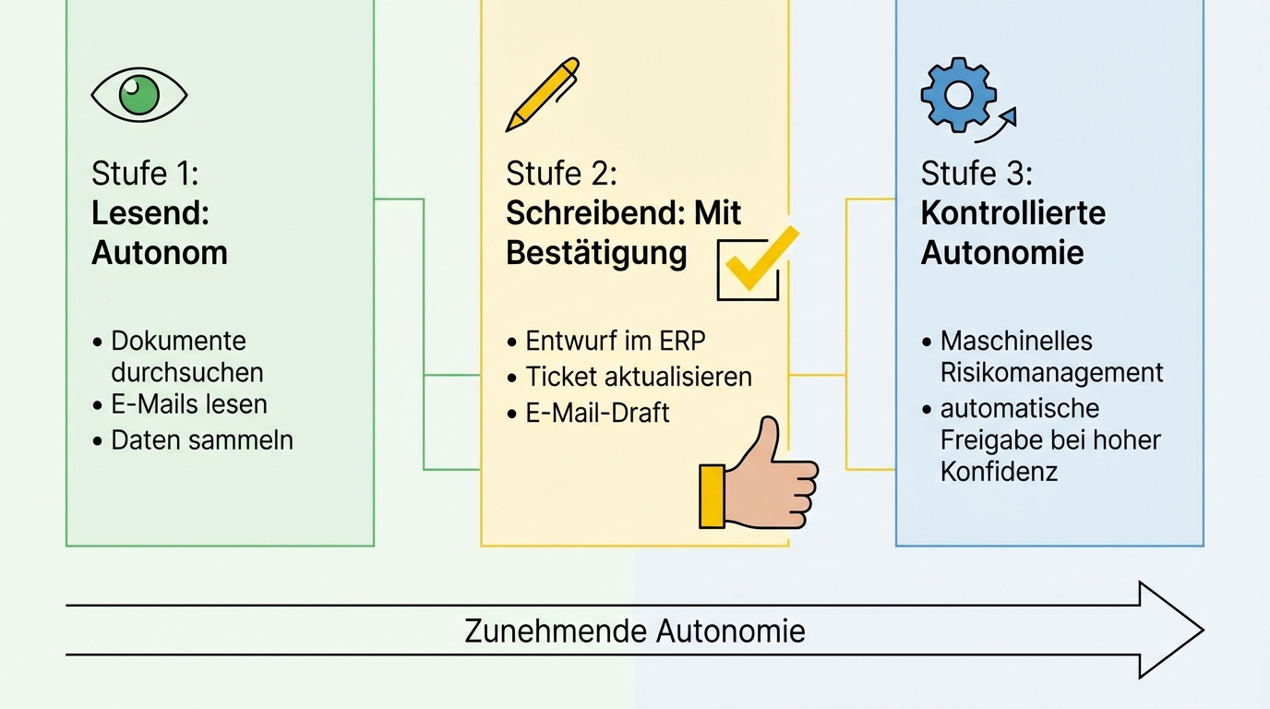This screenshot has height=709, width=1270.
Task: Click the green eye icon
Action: tap(139, 95)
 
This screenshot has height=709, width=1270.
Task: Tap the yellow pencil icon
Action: tap(543, 94)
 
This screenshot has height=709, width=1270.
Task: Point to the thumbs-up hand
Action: tap(762, 478)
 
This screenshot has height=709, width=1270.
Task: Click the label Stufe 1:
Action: tap(145, 173)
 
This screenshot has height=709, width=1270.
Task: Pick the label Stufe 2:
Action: tap(561, 173)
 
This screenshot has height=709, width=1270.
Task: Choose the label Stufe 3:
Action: tap(976, 173)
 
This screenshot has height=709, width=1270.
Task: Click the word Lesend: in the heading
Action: tap(150, 212)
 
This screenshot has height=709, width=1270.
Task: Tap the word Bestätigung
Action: tap(596, 253)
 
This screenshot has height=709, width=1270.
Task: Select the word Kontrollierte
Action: tap(1012, 212)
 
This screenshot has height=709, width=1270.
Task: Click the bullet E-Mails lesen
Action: tap(188, 404)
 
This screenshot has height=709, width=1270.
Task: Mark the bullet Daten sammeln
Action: tap(201, 439)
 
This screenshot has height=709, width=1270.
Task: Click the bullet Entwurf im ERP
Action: tap(615, 341)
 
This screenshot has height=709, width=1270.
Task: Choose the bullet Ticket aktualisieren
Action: tap(638, 376)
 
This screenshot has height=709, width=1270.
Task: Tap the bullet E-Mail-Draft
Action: tap(597, 412)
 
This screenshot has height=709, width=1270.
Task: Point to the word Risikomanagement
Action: tap(1051, 372)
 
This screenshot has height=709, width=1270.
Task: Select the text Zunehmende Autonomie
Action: tap(634, 631)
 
